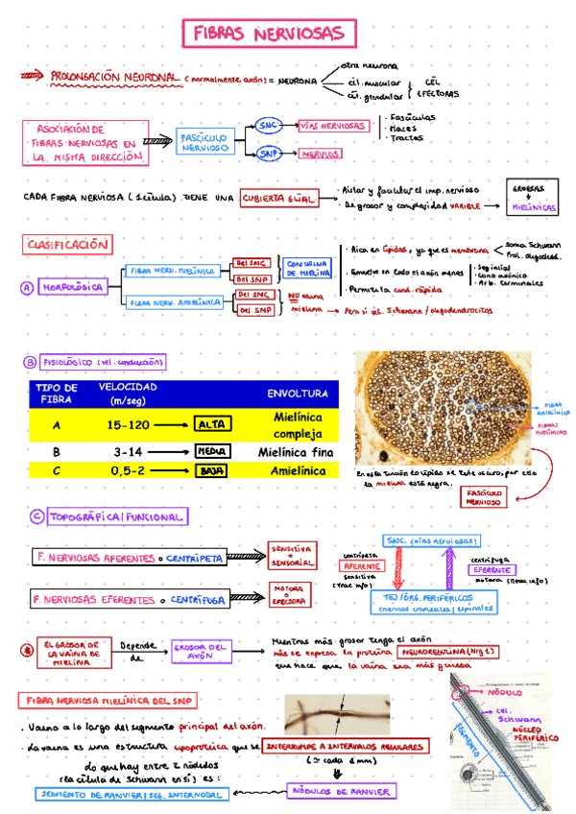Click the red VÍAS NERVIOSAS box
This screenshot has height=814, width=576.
pos(332,126)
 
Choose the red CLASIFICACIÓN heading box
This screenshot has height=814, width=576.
pos(67,245)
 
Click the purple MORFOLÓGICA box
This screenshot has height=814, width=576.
pos(72,287)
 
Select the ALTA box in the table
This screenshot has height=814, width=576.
pos(212,424)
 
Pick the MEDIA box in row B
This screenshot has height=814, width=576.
pos(210,450)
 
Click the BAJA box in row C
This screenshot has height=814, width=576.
pos(212,471)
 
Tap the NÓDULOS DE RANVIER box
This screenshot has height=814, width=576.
pos(340,791)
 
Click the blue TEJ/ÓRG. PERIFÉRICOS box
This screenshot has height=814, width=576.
pos(433,603)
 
